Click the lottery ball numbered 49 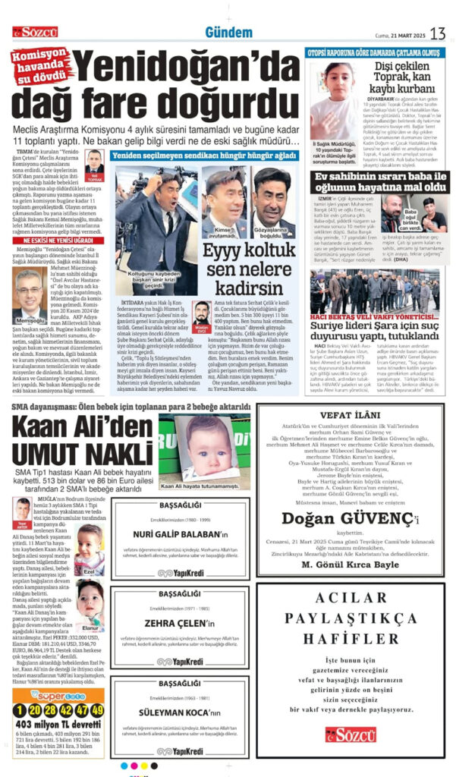[96, 710]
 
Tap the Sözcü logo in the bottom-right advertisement [351, 734]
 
